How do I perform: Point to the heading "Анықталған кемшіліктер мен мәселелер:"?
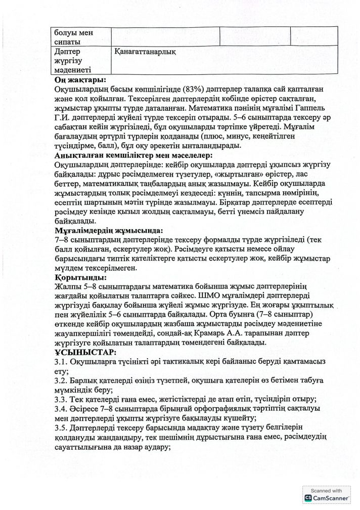point(132,156)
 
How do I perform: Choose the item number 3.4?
point(61,409)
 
